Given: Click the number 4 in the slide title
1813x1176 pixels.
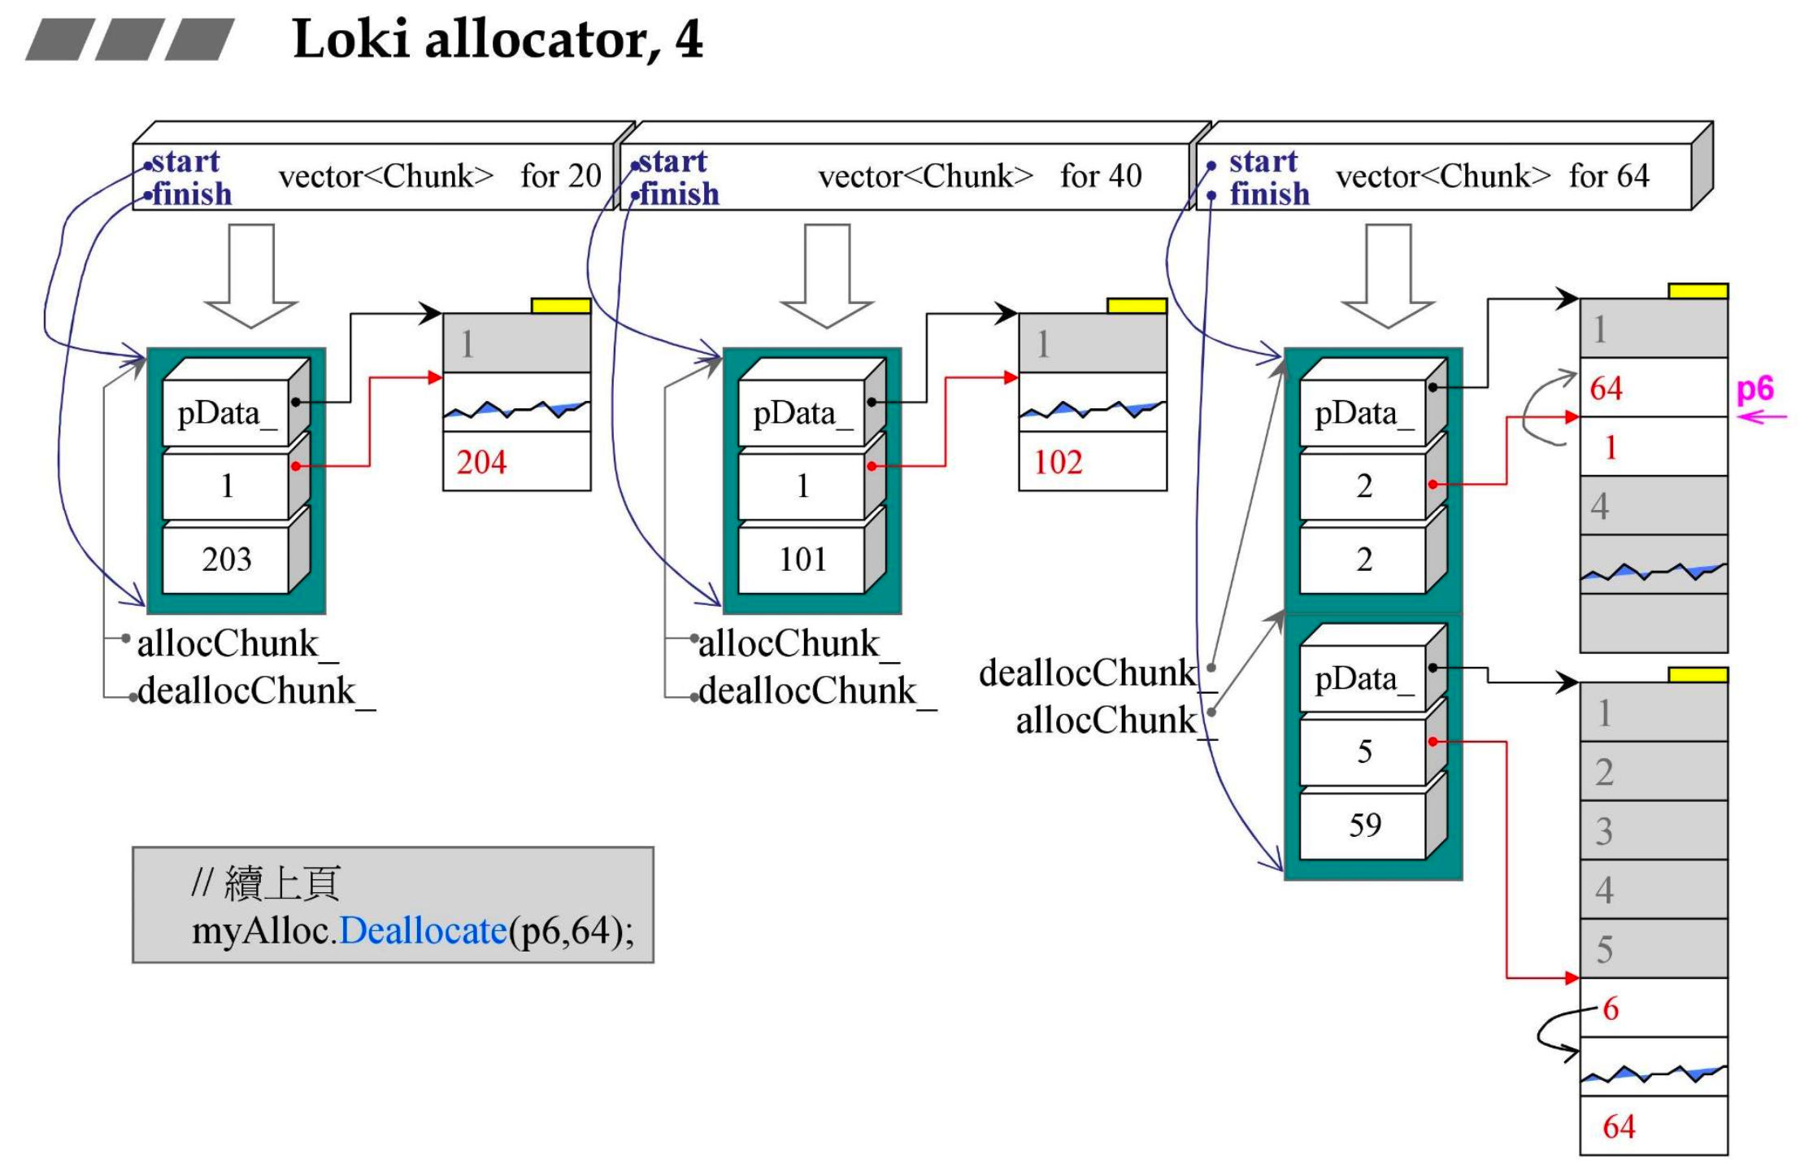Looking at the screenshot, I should coord(688,39).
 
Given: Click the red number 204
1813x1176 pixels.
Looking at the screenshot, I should coord(481,462).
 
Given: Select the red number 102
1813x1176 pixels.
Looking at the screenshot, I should coord(1058,462).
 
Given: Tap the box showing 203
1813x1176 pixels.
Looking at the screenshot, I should coord(227,560).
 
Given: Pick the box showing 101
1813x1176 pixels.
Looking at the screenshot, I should coord(802,560).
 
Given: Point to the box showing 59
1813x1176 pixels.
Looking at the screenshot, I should coord(1364,825).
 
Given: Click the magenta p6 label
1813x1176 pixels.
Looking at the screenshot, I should coord(1754,390).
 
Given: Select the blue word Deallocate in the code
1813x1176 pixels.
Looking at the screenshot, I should coord(423,930).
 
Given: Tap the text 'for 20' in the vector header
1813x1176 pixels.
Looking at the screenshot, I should coord(560,176).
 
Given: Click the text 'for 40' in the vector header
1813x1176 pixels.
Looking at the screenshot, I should coord(1101,176).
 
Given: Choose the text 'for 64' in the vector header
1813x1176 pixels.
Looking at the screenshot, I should coord(1608,176).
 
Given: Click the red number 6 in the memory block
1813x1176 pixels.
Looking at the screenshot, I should coord(1611,1008).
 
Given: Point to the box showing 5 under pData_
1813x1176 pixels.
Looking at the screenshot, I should coord(1364,751).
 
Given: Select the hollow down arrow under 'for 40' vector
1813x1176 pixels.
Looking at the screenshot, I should coord(827,277).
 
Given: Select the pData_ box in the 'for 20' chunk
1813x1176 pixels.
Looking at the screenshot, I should coord(227,413).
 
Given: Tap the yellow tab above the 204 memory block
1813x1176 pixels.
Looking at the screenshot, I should coord(561,306).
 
